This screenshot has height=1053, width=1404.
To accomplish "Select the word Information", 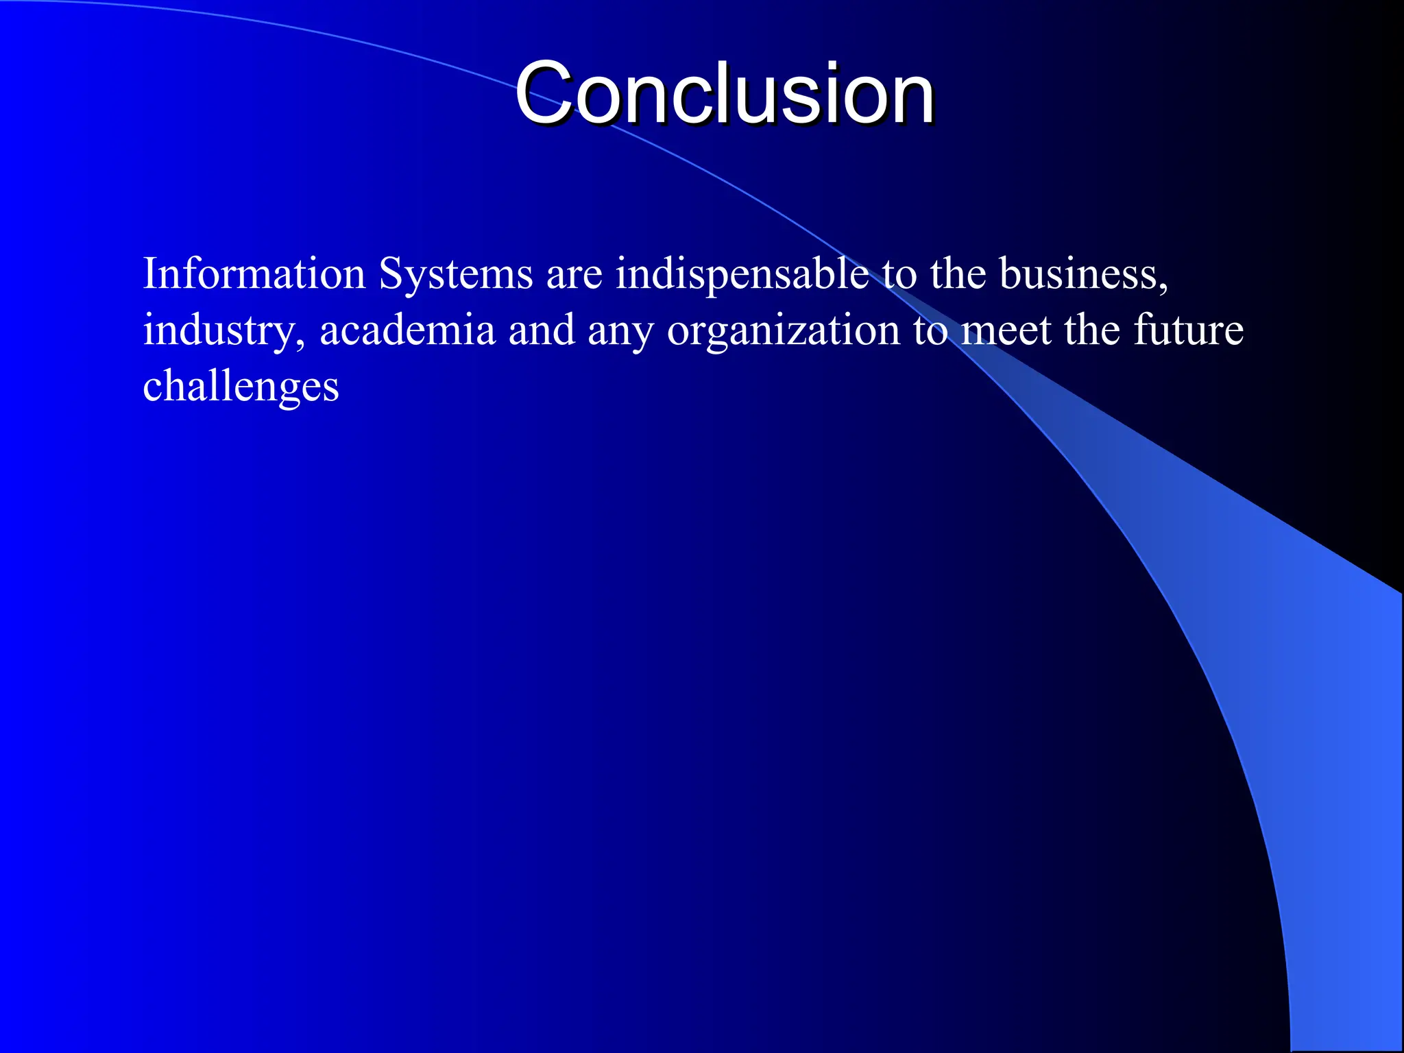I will [x=254, y=274].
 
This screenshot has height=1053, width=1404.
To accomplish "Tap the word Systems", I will [x=455, y=274].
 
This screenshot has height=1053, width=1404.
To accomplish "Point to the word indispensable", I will [x=742, y=274].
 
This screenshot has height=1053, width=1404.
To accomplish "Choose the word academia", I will [x=407, y=330].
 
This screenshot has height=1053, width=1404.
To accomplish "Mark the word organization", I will [x=783, y=330].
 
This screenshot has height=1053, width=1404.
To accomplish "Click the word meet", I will [x=1006, y=330].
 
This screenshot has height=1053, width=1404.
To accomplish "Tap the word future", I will [x=1188, y=330].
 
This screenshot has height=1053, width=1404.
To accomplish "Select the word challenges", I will [x=241, y=387].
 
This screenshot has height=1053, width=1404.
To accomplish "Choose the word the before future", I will [x=1091, y=330].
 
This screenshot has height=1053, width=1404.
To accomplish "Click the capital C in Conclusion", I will [x=543, y=94].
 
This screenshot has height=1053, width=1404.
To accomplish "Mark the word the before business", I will [x=957, y=274].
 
